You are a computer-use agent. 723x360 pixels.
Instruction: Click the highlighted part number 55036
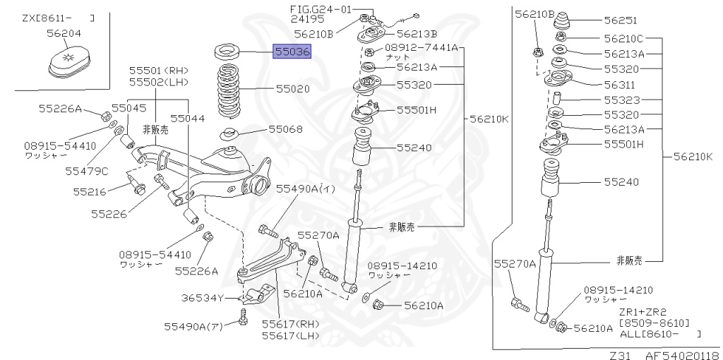click(292, 52)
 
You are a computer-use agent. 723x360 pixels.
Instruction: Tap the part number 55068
click(286, 129)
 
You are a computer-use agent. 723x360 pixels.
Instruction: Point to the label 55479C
click(86, 170)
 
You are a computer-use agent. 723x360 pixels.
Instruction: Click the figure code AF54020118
click(682, 354)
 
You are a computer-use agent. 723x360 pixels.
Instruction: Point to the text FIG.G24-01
click(320, 9)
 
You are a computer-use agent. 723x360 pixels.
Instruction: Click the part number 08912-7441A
click(421, 48)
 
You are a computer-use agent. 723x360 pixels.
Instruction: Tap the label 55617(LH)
click(290, 335)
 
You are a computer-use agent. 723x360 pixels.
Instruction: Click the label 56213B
click(417, 33)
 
